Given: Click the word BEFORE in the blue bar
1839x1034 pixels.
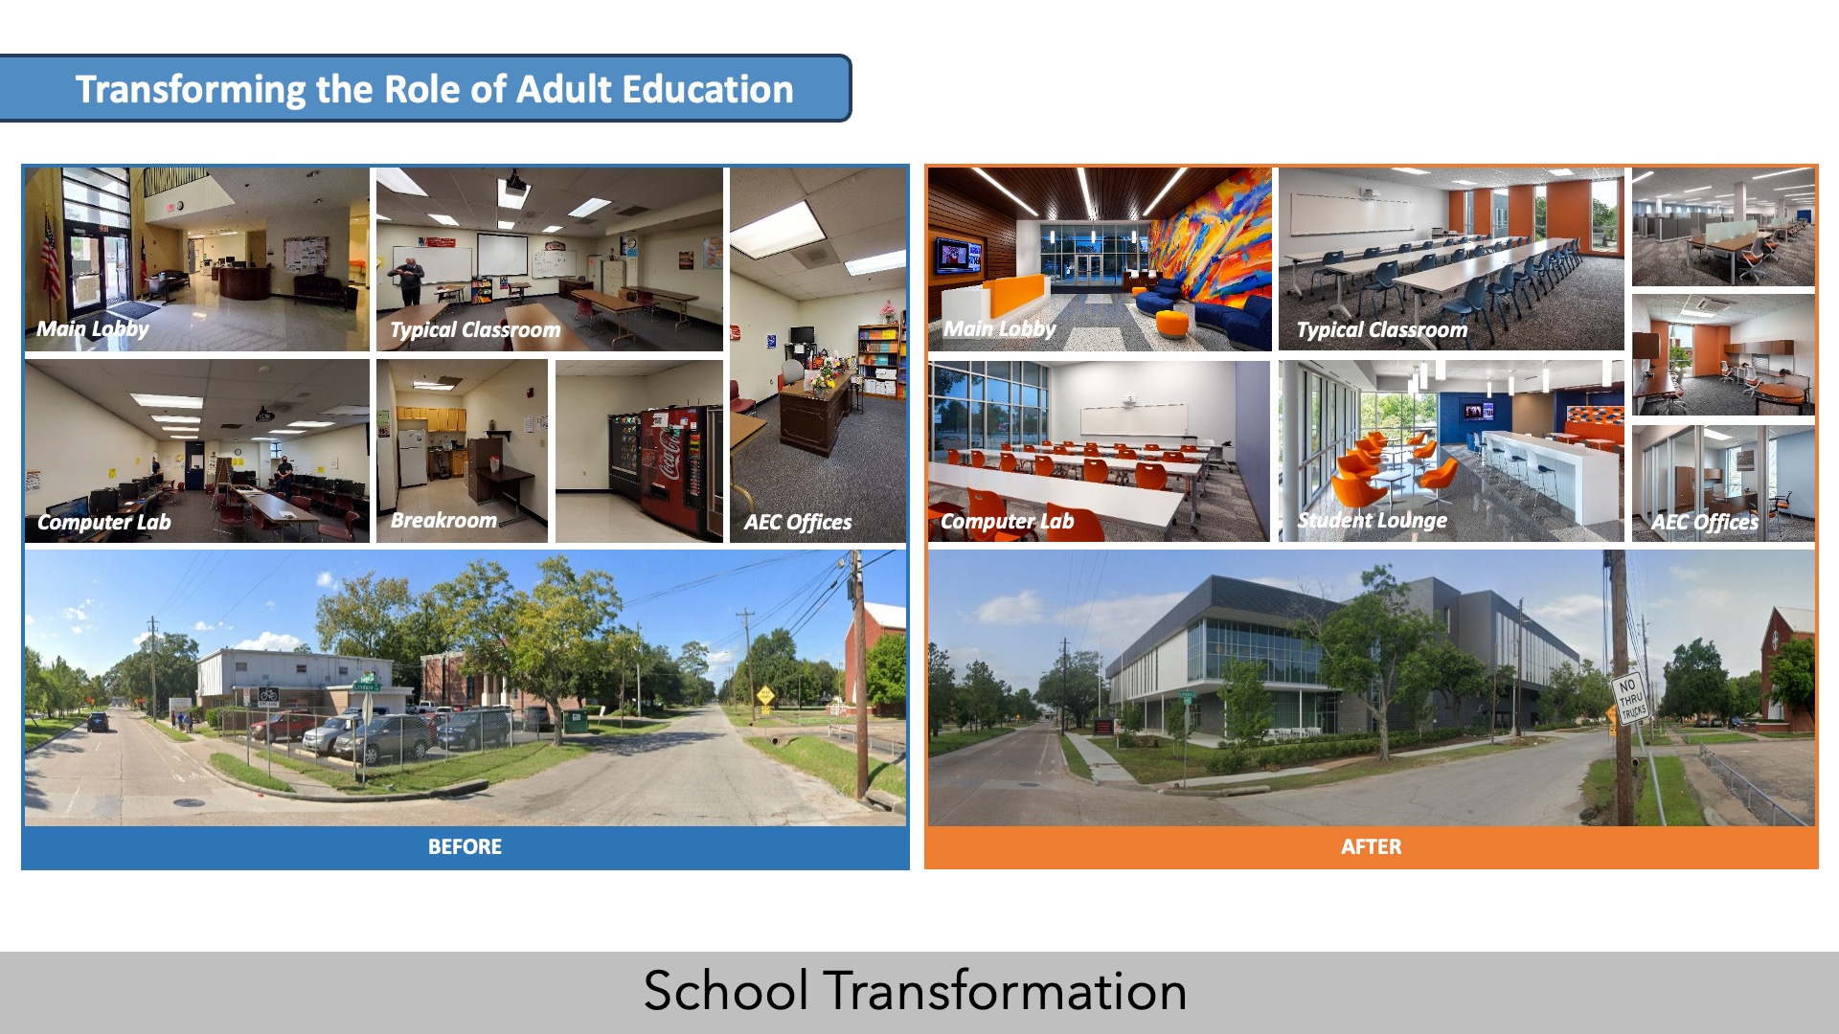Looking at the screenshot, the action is point(465,847).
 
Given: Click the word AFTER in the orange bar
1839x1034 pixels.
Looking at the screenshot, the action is point(1371,847).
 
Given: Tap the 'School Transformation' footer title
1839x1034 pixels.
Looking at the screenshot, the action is point(915,991).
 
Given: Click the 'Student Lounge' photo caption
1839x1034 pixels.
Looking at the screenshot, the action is point(1372,520).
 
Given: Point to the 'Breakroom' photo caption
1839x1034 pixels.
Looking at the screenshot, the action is point(443,520).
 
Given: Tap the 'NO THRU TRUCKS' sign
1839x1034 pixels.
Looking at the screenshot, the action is point(1630,698).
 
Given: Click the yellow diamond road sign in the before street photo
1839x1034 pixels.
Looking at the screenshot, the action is point(765,694).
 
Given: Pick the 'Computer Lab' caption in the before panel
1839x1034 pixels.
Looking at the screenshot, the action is point(103,522).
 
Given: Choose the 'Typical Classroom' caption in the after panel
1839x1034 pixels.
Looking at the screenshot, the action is point(1381,330).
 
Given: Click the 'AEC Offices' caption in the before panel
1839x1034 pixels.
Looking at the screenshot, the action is point(798,522).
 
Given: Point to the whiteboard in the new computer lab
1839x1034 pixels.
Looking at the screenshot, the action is point(1133,419).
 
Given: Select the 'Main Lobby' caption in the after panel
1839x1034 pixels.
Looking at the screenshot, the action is point(1000,329).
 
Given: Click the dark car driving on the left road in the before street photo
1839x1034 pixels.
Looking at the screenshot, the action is point(98,721).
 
